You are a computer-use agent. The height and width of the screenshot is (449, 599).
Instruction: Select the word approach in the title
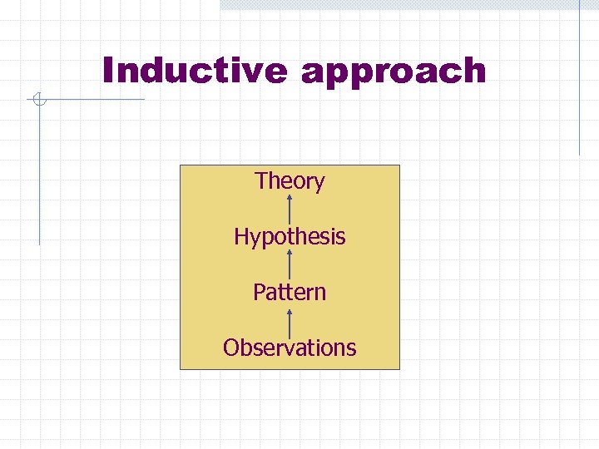click(394, 72)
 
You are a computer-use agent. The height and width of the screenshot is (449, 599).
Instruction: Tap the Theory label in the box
click(290, 181)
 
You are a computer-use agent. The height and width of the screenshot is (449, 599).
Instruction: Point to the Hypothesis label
click(290, 237)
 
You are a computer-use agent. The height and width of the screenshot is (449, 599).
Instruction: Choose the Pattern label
click(290, 293)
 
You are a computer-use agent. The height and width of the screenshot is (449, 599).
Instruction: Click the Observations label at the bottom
click(290, 348)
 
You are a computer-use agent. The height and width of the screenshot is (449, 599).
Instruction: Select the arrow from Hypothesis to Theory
click(290, 209)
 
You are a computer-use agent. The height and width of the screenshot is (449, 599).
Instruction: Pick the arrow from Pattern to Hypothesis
click(290, 264)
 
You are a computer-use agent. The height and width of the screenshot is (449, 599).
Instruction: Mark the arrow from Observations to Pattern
click(290, 320)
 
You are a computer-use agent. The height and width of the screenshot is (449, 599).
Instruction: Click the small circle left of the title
click(37, 101)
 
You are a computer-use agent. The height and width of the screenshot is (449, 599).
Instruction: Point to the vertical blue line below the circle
click(38, 175)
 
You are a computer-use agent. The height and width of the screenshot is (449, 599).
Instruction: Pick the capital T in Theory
click(261, 180)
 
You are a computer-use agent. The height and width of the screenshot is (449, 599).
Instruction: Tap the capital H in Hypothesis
click(241, 236)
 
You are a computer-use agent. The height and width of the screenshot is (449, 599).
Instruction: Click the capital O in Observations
click(230, 348)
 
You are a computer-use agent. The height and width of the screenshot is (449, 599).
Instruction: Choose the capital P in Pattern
click(259, 292)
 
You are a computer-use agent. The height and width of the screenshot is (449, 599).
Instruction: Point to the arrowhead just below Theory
click(290, 199)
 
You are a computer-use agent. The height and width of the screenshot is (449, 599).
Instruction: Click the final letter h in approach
click(473, 71)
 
